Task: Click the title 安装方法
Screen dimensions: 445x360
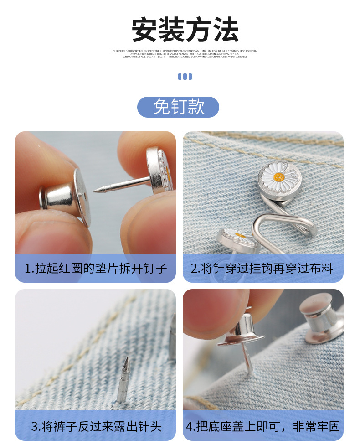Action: point(185,30)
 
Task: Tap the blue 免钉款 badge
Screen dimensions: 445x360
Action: point(178,107)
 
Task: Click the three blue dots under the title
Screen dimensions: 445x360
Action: point(185,77)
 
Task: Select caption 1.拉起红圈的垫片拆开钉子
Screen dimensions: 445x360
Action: point(95,268)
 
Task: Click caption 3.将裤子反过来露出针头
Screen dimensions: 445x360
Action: point(96,426)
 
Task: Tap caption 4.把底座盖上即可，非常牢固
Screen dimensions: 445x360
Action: point(263,426)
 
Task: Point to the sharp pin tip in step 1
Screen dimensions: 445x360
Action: point(96,191)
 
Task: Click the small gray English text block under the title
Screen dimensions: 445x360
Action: point(185,54)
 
